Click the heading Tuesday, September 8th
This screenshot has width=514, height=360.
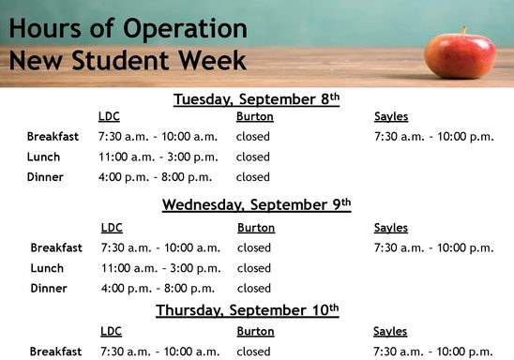coord(256,98)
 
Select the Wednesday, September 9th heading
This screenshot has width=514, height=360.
coord(256,203)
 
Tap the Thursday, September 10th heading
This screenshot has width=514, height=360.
coord(247,309)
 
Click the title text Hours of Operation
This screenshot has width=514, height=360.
coord(128,28)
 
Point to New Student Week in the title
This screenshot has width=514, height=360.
coord(128,62)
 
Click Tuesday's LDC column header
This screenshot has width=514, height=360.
coord(109,117)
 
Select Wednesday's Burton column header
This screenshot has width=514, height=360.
coord(256,228)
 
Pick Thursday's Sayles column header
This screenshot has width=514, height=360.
coord(390,332)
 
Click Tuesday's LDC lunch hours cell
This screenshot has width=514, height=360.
coord(158,157)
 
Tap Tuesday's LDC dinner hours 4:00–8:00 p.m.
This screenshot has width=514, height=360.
coord(155,176)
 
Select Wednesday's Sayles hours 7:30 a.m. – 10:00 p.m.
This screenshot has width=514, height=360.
coord(433,248)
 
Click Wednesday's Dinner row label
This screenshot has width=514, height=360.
coord(49,289)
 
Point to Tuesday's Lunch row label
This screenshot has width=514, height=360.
coord(43,157)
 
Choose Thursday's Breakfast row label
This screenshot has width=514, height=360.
coord(56,352)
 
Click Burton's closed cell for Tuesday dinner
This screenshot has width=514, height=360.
coord(253,176)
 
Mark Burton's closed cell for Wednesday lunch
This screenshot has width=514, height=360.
coord(254,268)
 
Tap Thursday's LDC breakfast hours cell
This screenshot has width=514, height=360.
coord(160,352)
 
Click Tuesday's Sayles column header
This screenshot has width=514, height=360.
coord(391,117)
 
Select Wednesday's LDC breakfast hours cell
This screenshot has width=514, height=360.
coord(160,248)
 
